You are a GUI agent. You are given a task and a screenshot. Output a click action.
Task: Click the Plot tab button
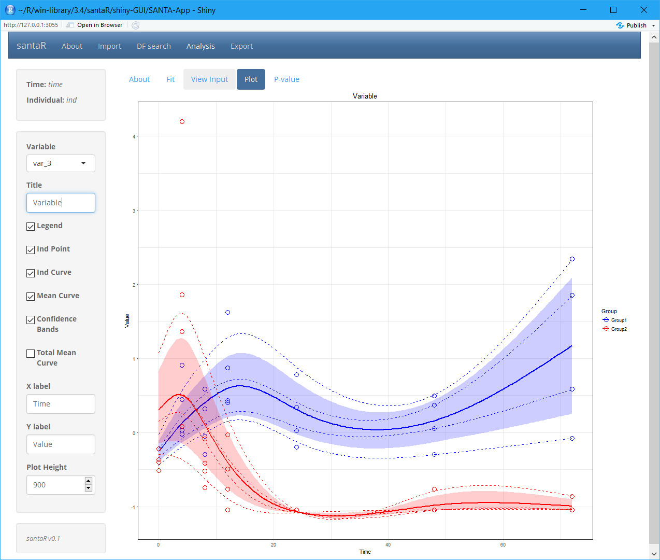pos(251,79)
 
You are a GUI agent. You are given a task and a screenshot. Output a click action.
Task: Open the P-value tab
pos(286,79)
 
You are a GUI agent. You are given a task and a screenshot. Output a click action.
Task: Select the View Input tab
pos(209,79)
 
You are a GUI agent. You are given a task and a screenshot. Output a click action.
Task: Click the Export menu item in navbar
pos(241,46)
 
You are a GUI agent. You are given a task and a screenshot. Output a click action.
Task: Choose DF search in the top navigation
pos(153,46)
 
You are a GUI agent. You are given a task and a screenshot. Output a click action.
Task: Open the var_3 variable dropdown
pos(61,163)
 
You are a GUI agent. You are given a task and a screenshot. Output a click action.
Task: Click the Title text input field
pos(61,203)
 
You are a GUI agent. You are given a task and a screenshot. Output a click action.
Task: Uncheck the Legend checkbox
pos(31,227)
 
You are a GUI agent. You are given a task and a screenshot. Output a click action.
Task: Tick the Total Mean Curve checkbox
pos(31,354)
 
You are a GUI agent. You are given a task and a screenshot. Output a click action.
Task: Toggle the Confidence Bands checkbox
pos(31,320)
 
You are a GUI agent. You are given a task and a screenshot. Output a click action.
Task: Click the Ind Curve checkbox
pos(31,273)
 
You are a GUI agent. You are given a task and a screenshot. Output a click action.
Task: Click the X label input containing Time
pos(61,404)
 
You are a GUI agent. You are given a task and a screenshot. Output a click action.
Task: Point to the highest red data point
pos(182,122)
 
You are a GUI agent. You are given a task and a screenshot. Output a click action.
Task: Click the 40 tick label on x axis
pos(388,545)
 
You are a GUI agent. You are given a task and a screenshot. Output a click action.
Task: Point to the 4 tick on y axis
pos(134,137)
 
